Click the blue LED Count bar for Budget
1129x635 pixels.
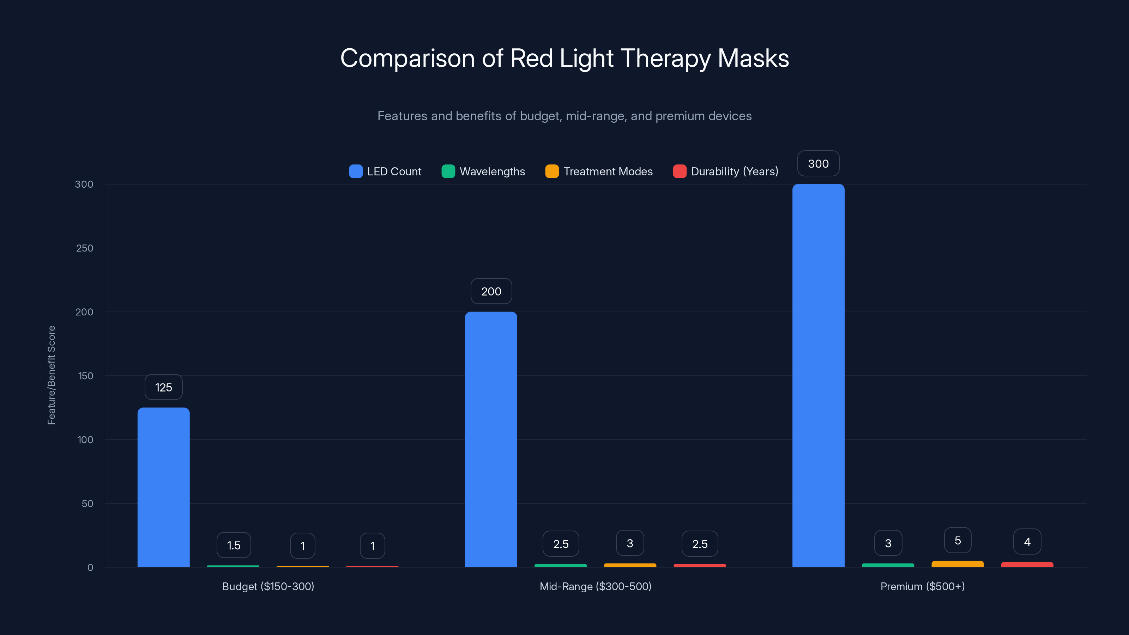coord(163,487)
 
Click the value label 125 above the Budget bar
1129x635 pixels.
coord(163,387)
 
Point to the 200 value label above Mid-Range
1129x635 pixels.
coord(491,291)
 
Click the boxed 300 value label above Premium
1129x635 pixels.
coord(818,163)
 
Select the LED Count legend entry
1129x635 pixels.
coord(385,171)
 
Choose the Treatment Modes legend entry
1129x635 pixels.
coord(599,171)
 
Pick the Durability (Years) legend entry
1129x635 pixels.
coord(725,171)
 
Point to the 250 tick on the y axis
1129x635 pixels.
coord(85,248)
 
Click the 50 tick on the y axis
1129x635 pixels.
coord(87,503)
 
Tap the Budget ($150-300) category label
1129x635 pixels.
coord(268,586)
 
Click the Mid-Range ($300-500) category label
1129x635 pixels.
coord(596,586)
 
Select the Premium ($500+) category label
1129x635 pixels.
coord(923,586)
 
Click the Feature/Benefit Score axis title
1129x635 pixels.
coord(51,375)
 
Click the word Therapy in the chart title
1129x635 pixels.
coord(665,59)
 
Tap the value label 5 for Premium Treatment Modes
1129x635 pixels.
coord(958,540)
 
